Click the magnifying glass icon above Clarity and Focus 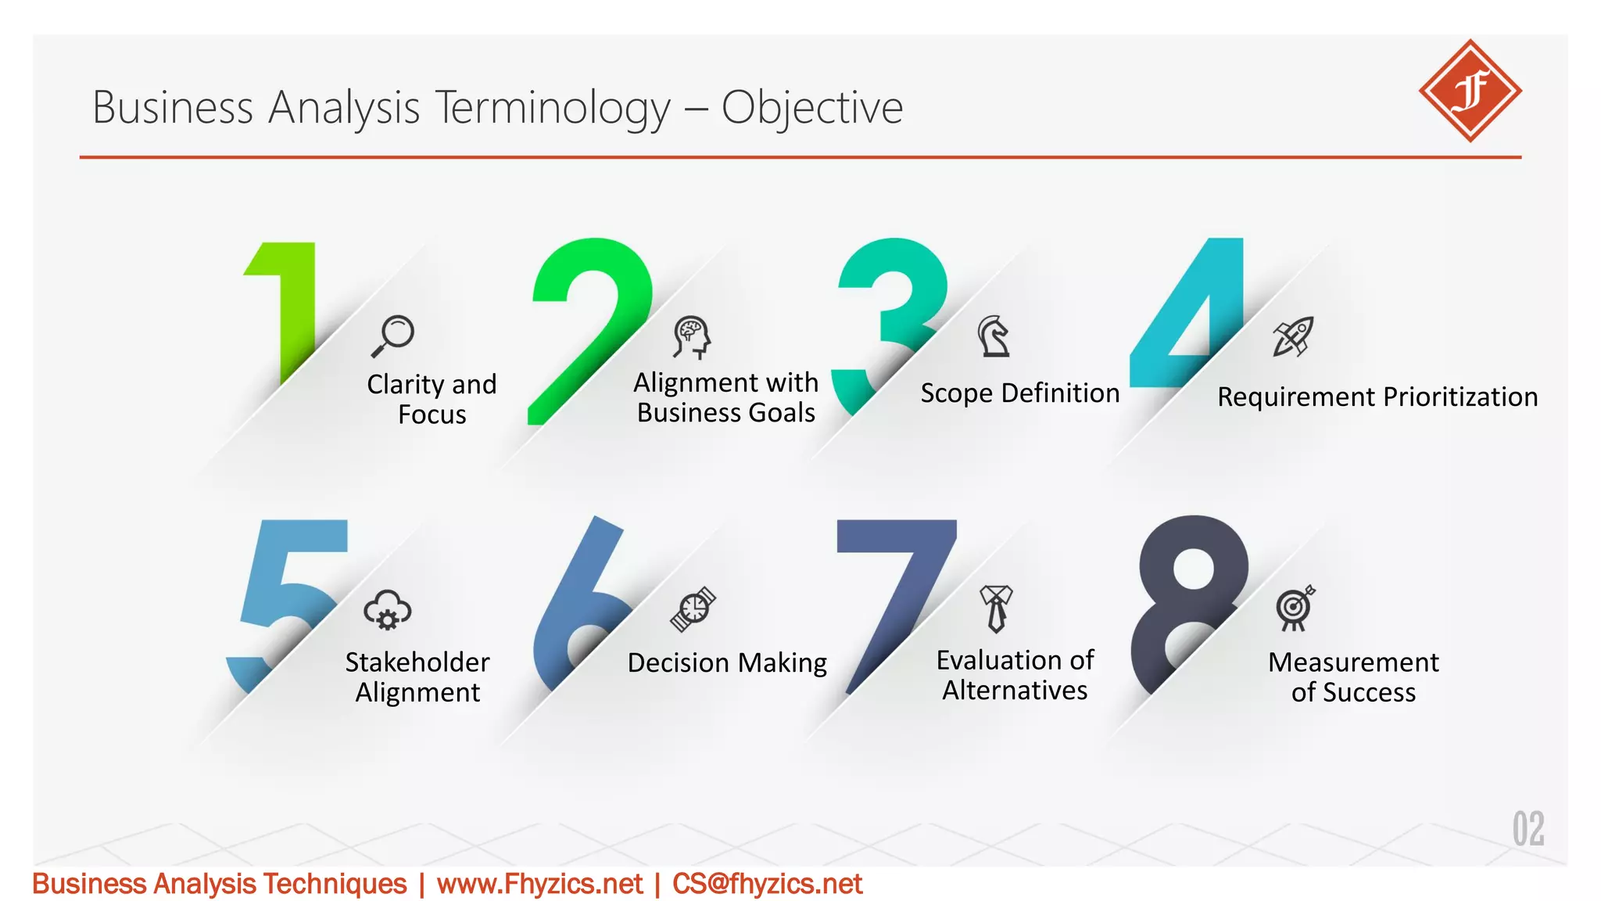(x=393, y=335)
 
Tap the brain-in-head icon (x=692, y=337)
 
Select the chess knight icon (x=994, y=336)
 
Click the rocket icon (x=1293, y=336)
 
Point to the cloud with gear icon (x=388, y=610)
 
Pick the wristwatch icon (x=693, y=608)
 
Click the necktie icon (x=996, y=608)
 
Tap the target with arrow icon (x=1295, y=608)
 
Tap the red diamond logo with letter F (x=1470, y=91)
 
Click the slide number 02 (x=1528, y=829)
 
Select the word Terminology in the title (x=552, y=107)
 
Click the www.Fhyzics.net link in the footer (x=539, y=884)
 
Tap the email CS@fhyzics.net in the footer (x=767, y=884)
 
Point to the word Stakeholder (x=417, y=662)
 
